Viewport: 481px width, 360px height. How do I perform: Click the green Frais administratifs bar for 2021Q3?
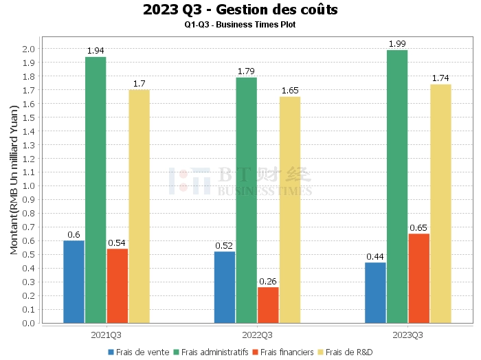(x=96, y=190)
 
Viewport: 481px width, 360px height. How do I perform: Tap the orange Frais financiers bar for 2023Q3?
(x=418, y=278)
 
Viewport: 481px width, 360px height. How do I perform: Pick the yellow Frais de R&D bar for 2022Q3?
(x=289, y=210)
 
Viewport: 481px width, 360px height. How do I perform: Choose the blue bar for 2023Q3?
(x=375, y=293)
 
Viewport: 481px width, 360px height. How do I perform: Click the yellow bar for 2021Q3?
(x=139, y=206)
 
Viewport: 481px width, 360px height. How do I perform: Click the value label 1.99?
(x=397, y=44)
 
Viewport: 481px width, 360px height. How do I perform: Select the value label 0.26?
(x=268, y=281)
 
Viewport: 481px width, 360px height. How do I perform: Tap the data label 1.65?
(x=289, y=91)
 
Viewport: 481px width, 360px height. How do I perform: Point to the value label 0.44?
(x=375, y=256)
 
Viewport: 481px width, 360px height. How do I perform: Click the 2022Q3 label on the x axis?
(x=257, y=335)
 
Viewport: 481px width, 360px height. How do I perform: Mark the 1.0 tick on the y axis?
(x=29, y=186)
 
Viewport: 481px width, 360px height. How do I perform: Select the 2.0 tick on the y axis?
(x=29, y=49)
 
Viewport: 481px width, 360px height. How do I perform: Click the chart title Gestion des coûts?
(x=240, y=10)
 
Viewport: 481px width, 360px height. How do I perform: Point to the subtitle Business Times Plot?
(x=240, y=25)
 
